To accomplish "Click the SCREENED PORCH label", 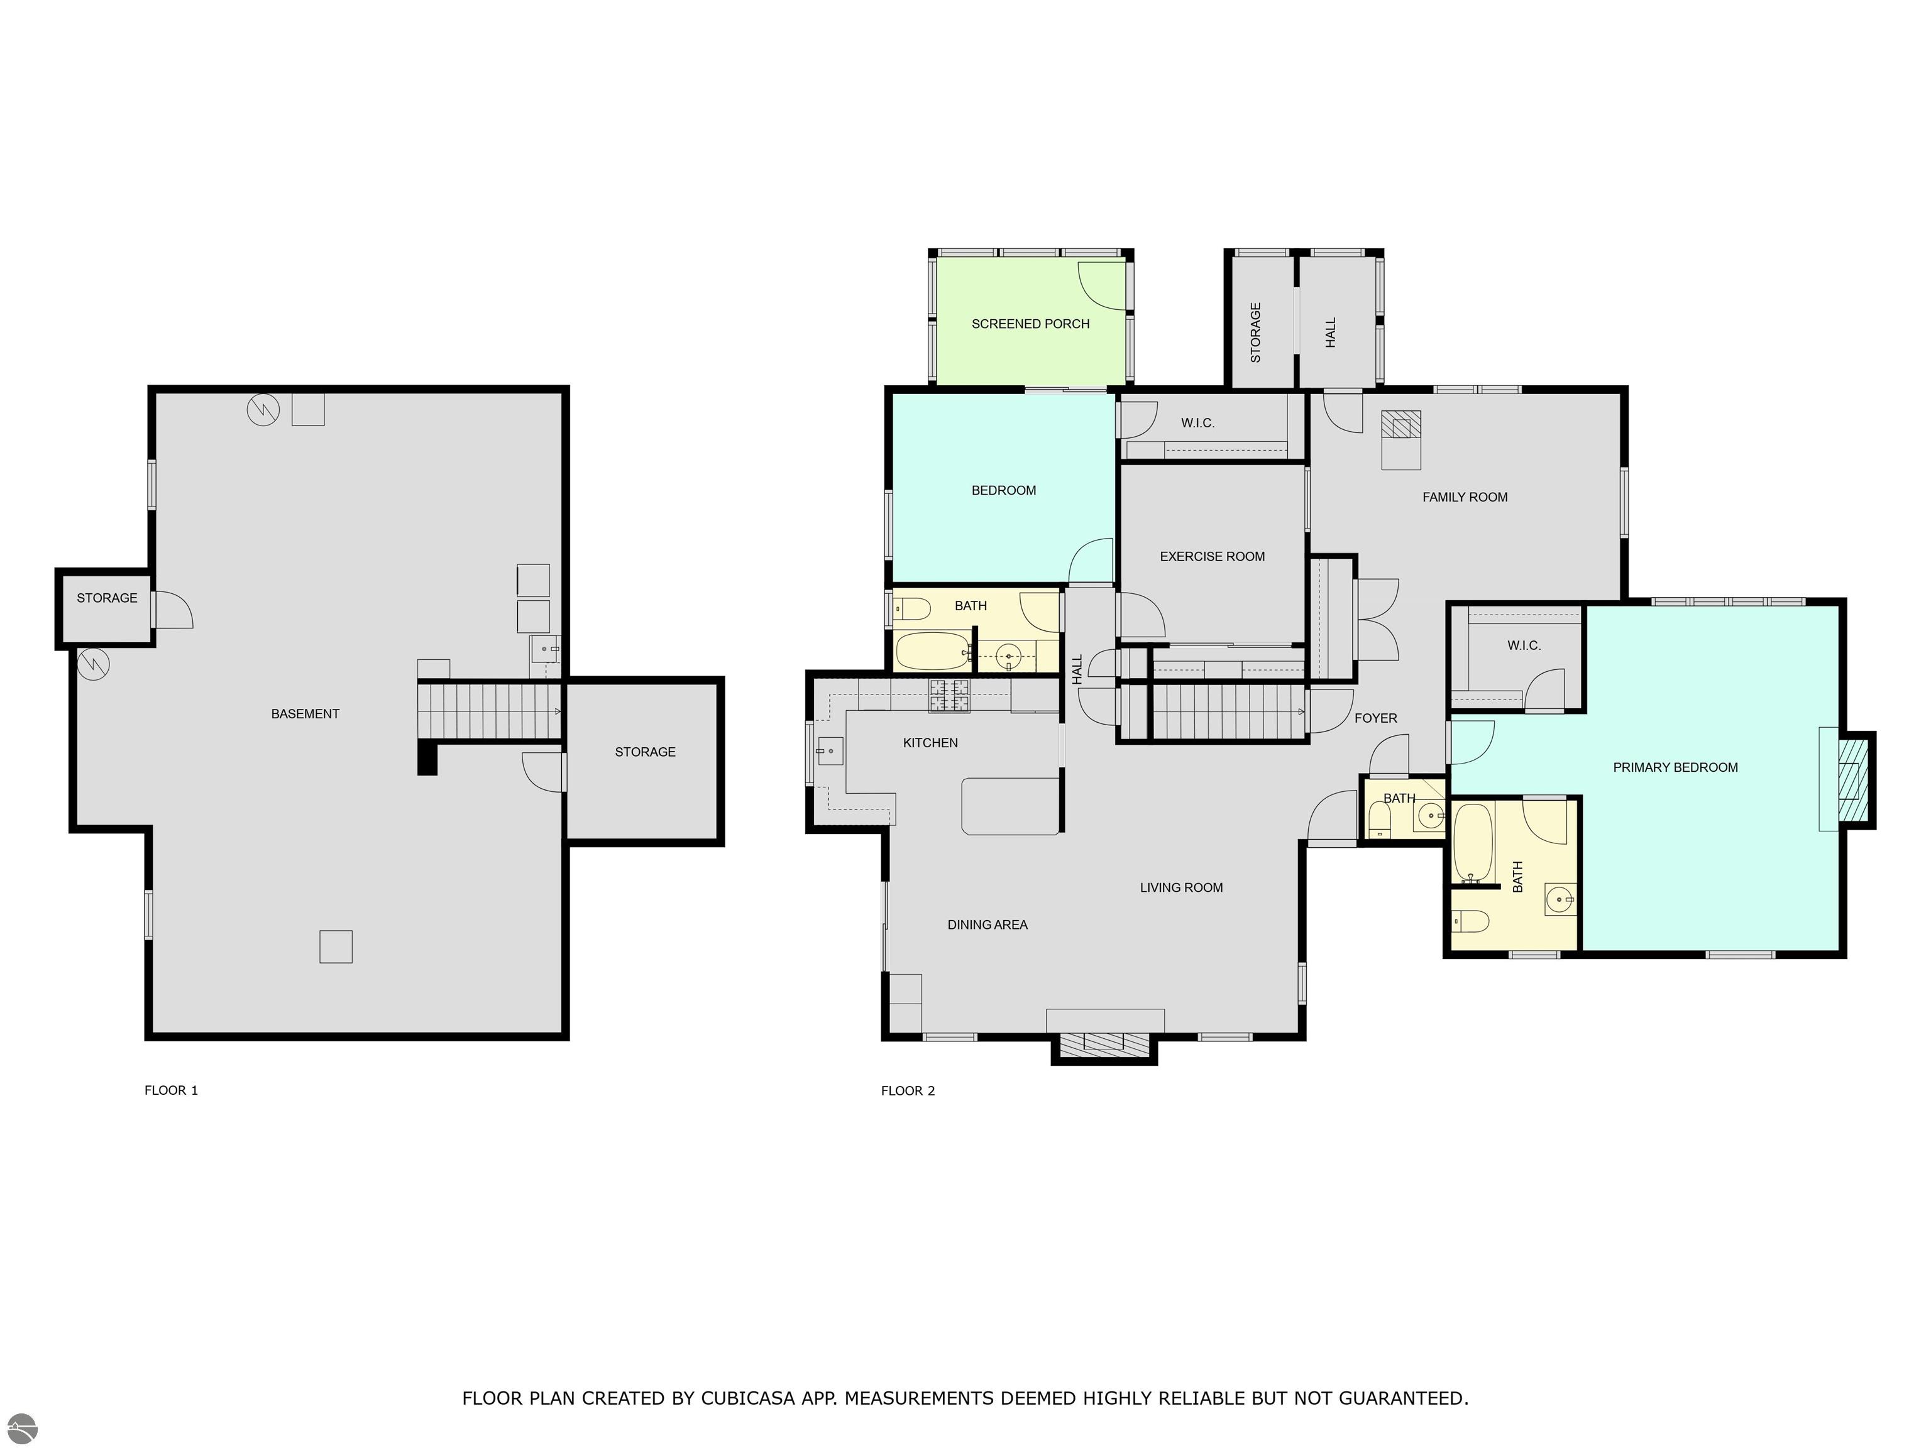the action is click(x=1030, y=324).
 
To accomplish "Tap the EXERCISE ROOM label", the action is click(x=1212, y=557).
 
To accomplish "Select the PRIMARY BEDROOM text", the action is click(x=1675, y=768).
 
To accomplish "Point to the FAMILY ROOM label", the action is click(x=1465, y=498).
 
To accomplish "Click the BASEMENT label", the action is click(x=305, y=714).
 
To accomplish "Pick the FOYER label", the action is click(x=1376, y=718).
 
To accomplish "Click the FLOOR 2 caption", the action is click(x=908, y=1090).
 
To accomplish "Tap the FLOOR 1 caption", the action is click(x=171, y=1090).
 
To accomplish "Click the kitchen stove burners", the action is click(x=949, y=696).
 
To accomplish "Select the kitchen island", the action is click(x=1011, y=806).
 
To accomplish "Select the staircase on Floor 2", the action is click(x=1213, y=712).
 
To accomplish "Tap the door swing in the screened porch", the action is click(x=1103, y=285).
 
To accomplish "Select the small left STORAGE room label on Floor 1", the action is click(x=106, y=598).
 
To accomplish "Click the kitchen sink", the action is click(x=829, y=750).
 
